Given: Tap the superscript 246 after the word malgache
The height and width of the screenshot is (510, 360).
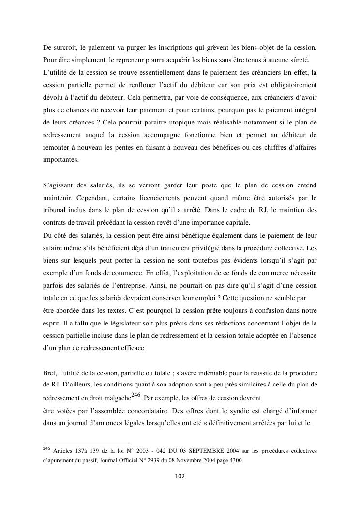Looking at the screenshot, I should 136,395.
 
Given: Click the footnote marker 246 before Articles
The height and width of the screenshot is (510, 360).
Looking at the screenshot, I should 47,449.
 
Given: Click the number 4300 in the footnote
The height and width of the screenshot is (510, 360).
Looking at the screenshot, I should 234,460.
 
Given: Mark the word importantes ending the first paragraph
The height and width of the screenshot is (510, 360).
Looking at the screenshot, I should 60,160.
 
